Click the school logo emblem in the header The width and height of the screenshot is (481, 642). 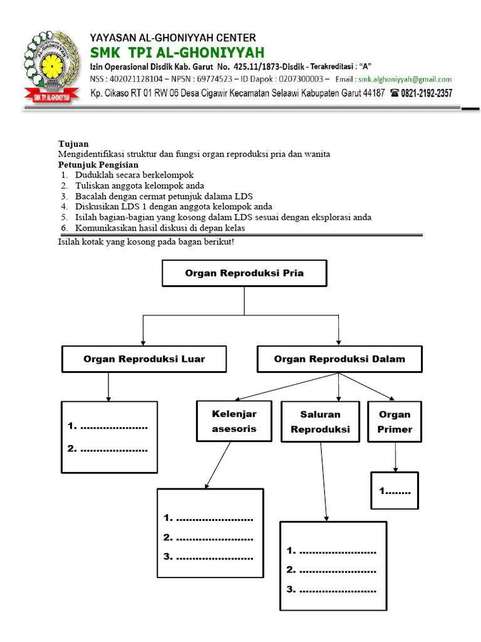pyautogui.click(x=52, y=66)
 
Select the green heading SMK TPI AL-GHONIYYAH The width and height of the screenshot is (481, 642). pyautogui.click(x=177, y=51)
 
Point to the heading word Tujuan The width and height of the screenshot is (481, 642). pyautogui.click(x=73, y=144)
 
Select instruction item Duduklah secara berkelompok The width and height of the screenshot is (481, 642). pyautogui.click(x=135, y=175)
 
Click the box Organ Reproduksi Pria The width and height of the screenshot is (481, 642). pyautogui.click(x=244, y=273)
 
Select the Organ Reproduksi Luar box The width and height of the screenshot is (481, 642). pyautogui.click(x=144, y=359)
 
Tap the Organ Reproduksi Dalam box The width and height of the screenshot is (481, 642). pyautogui.click(x=339, y=359)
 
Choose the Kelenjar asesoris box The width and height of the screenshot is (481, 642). pyautogui.click(x=234, y=421)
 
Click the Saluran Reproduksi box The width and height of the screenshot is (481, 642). pyautogui.click(x=320, y=422)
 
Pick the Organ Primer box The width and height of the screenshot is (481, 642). pyautogui.click(x=395, y=422)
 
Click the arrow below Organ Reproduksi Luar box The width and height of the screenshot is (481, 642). pyautogui.click(x=109, y=387)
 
